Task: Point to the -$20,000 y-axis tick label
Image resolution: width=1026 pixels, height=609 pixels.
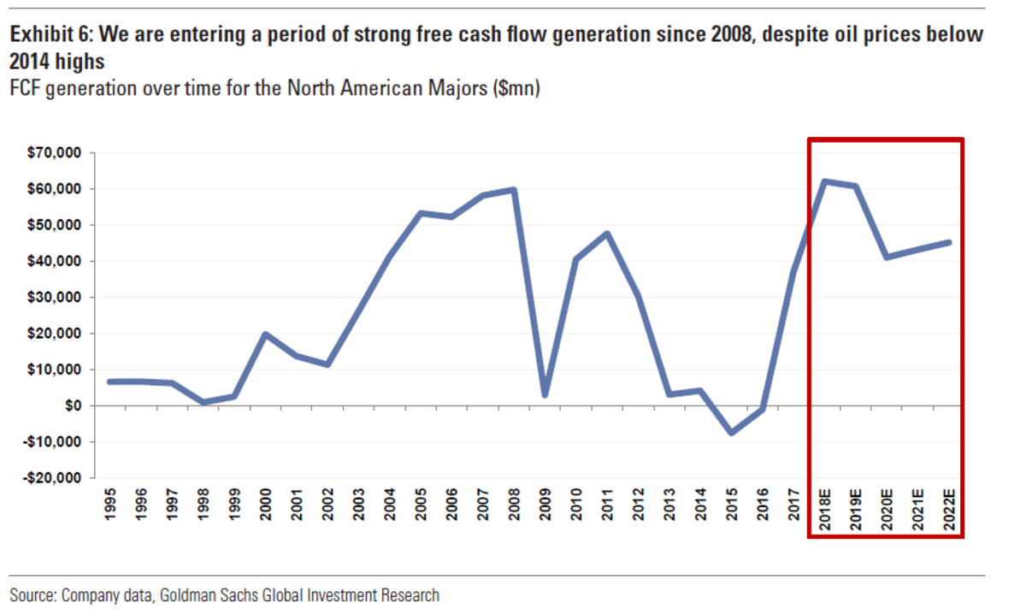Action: [53, 478]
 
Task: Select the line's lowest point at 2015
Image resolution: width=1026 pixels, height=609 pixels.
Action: [732, 433]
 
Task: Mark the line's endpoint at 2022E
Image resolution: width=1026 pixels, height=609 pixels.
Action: [948, 242]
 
